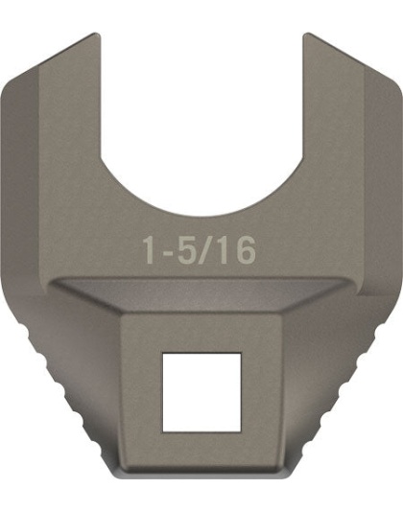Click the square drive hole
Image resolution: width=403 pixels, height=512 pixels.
tap(201, 390)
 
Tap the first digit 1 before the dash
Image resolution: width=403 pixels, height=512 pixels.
tap(150, 252)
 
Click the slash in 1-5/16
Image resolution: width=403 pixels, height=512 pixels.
tap(203, 251)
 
